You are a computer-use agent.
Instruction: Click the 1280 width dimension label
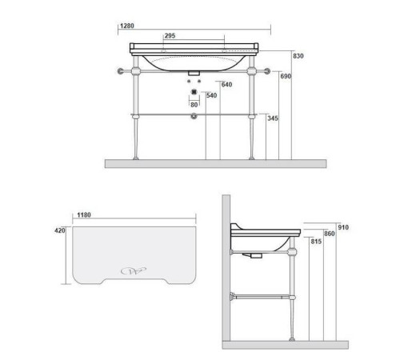127,26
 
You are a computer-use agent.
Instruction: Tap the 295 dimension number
170,36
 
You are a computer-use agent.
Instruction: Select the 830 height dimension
298,56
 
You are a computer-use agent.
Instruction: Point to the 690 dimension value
286,76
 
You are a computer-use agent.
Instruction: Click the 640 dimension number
226,85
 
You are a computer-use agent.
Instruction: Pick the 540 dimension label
212,95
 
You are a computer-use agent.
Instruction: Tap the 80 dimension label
194,105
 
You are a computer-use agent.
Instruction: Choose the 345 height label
273,118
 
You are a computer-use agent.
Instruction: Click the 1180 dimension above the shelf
84,214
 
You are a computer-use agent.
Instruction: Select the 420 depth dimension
60,230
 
